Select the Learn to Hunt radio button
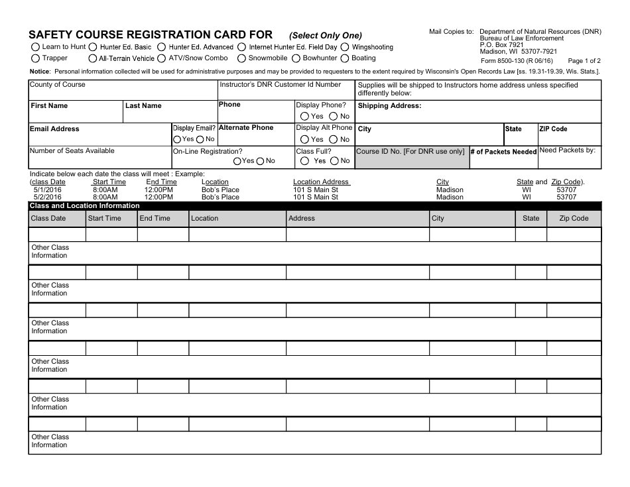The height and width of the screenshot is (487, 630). pyautogui.click(x=36, y=47)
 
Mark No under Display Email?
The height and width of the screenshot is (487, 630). pyautogui.click(x=200, y=139)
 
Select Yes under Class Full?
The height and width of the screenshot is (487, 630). pyautogui.click(x=304, y=161)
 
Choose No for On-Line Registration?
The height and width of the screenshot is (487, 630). pyautogui.click(x=261, y=161)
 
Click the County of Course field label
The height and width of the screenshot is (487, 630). pyautogui.click(x=58, y=85)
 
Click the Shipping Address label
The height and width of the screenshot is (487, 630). pyautogui.click(x=389, y=106)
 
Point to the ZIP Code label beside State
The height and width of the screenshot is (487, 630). pyautogui.click(x=553, y=129)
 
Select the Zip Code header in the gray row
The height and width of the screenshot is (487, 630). pyautogui.click(x=574, y=218)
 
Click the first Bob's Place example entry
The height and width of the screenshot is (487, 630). pyautogui.click(x=220, y=190)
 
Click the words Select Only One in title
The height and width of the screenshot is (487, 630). pyautogui.click(x=326, y=36)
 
